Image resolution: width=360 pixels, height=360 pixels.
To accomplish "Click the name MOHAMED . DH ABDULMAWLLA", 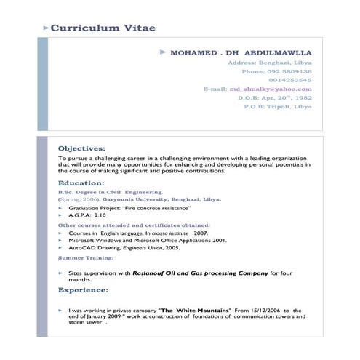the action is click(x=241, y=54).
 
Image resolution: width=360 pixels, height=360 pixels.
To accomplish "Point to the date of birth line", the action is click(x=275, y=97).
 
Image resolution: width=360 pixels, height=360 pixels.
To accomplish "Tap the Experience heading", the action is click(x=84, y=290).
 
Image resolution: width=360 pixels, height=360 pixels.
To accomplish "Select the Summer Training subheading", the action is click(x=86, y=257).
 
